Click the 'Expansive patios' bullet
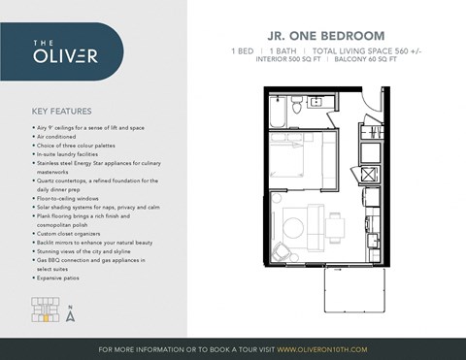pyautogui.click(x=65, y=278)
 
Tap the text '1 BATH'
pyautogui.click(x=284, y=49)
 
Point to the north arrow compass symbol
pyautogui.click(x=71, y=312)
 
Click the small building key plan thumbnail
pyautogui.click(x=44, y=311)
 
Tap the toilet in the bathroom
pyautogui.click(x=316, y=101)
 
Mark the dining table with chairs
pyautogui.click(x=336, y=229)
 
